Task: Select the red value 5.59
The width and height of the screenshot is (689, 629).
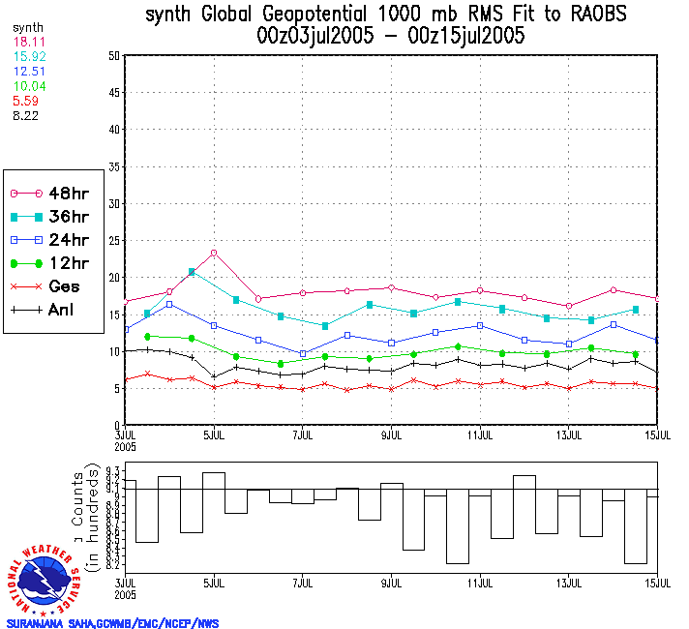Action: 25,100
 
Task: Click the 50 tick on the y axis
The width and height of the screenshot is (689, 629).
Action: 113,56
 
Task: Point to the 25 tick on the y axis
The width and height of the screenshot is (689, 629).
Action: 113,240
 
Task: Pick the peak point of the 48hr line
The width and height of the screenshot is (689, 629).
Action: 213,253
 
